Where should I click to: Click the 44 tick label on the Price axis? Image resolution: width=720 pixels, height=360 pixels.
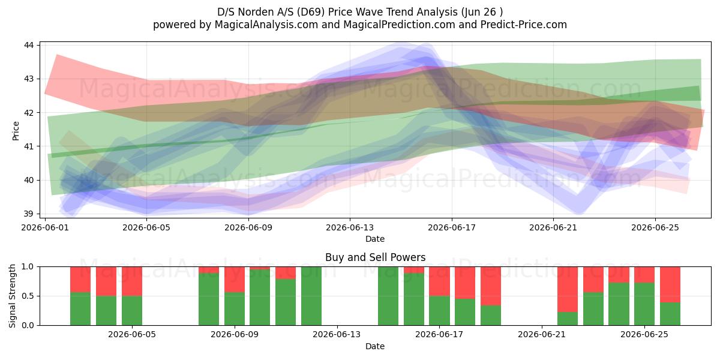pyautogui.click(x=29, y=45)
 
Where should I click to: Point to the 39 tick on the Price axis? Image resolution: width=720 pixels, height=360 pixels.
pyautogui.click(x=29, y=214)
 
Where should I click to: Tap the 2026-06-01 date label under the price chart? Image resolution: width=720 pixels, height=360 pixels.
pyautogui.click(x=45, y=227)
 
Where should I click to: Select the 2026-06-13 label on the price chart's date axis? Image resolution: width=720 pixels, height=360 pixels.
pyautogui.click(x=350, y=227)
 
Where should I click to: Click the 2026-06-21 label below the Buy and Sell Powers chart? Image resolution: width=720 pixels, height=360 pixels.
pyautogui.click(x=542, y=335)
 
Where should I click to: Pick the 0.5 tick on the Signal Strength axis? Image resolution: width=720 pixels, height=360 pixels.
pyautogui.click(x=28, y=296)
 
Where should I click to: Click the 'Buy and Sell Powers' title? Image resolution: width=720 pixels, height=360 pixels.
pyautogui.click(x=376, y=257)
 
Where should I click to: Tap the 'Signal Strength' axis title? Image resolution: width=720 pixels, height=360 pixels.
pyautogui.click(x=12, y=296)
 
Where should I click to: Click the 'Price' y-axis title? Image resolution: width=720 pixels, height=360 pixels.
pyautogui.click(x=16, y=131)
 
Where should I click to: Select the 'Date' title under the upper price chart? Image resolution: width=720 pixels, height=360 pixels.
pyautogui.click(x=375, y=239)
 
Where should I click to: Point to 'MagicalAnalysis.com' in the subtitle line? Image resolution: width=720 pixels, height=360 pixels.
pyautogui.click(x=266, y=25)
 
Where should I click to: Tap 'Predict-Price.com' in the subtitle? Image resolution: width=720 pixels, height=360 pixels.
pyautogui.click(x=524, y=25)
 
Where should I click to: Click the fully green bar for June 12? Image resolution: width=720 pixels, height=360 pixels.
pyautogui.click(x=311, y=296)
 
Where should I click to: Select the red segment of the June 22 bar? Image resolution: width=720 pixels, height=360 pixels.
pyautogui.click(x=568, y=289)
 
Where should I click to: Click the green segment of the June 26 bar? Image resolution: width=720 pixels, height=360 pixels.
pyautogui.click(x=670, y=314)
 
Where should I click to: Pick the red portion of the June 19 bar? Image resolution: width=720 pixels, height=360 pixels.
pyautogui.click(x=491, y=286)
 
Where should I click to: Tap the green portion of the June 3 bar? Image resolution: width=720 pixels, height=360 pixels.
pyautogui.click(x=80, y=309)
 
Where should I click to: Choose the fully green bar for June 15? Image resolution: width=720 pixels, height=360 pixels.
pyautogui.click(x=388, y=296)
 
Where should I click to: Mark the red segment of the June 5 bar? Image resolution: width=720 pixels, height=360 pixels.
pyautogui.click(x=132, y=281)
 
